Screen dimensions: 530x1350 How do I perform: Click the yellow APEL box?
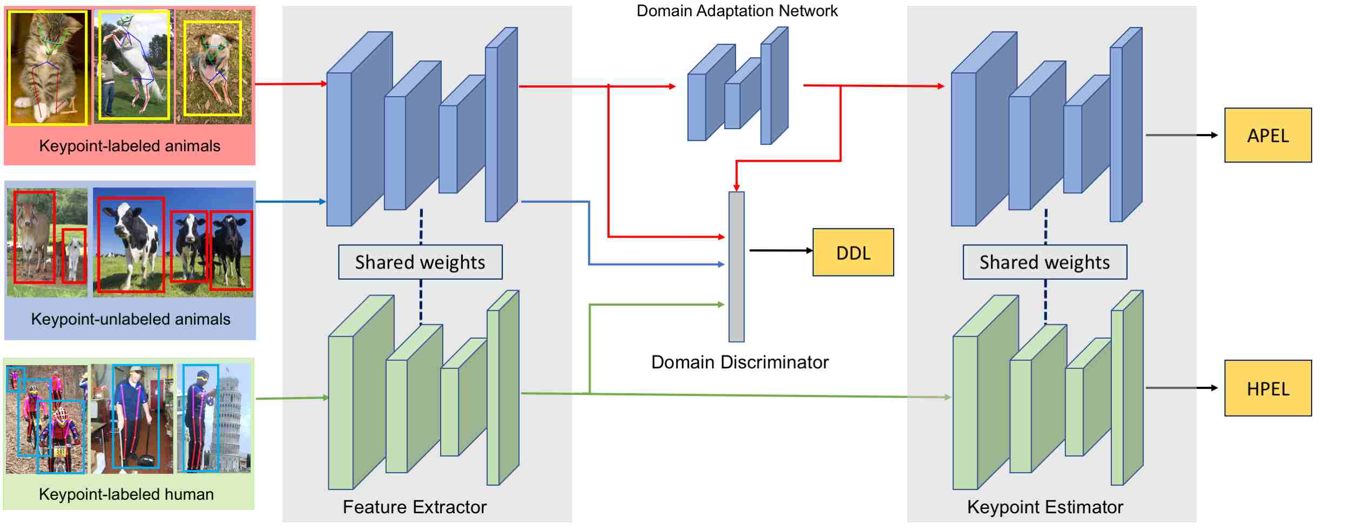pos(1267,135)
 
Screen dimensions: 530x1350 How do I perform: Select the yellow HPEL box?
pos(1267,388)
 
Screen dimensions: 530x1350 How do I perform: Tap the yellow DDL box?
pos(853,252)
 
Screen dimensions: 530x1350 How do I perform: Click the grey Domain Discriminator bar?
pos(736,267)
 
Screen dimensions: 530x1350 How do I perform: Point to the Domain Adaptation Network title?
pos(737,11)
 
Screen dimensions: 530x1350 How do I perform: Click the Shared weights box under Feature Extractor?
pos(420,262)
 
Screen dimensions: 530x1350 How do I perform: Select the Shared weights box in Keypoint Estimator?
pos(1044,262)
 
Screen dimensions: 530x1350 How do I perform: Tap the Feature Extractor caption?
pos(414,507)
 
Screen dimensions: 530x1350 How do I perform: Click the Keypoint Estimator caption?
pos(1044,507)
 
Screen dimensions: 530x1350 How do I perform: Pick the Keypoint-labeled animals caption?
pos(130,146)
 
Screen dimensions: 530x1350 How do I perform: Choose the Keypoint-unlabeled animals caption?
pos(130,319)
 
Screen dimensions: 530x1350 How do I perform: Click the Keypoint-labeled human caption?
pos(126,494)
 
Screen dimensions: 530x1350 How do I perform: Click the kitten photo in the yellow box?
pos(48,68)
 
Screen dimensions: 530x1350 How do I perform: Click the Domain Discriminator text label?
pos(739,362)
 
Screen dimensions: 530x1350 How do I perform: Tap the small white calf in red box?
pos(74,256)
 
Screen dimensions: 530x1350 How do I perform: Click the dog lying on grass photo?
pos(213,68)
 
